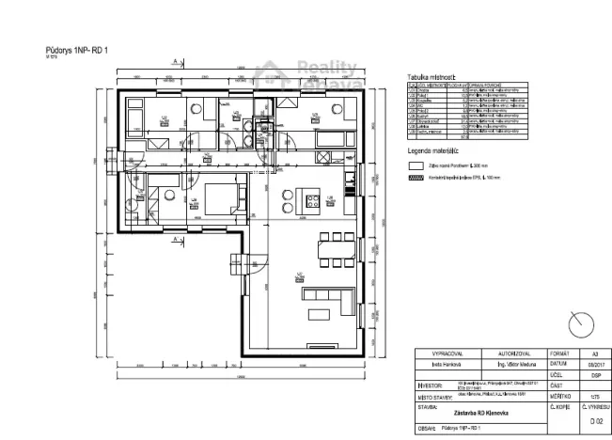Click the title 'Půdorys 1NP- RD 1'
pos(78,47)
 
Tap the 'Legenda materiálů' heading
pos(432,149)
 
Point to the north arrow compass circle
pos(582,324)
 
